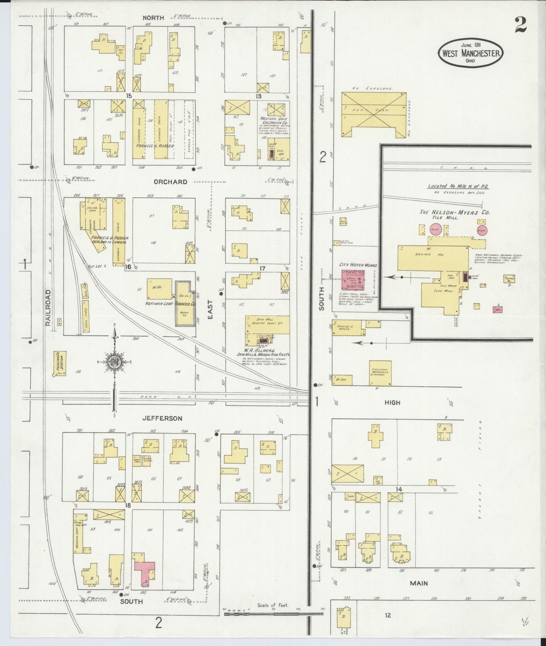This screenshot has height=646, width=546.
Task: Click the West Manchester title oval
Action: [470, 53]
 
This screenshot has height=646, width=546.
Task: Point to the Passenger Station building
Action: [60, 363]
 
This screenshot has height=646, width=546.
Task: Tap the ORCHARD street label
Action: [170, 182]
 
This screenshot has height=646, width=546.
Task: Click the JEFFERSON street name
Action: [162, 418]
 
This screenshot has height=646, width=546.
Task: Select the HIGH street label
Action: [392, 403]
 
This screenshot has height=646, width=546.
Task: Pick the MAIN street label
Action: [419, 583]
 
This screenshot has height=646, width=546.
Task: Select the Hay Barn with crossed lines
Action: [374, 114]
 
